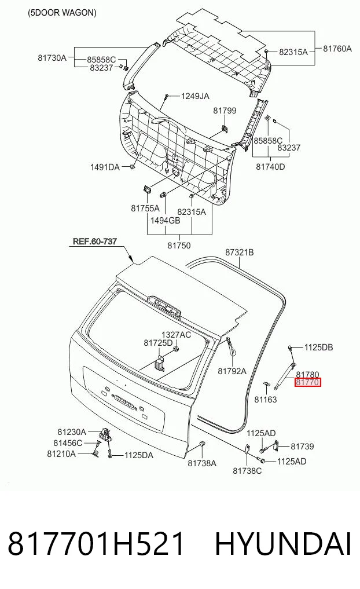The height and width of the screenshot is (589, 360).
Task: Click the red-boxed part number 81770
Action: click(x=308, y=382)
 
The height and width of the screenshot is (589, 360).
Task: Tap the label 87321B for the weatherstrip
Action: click(x=240, y=252)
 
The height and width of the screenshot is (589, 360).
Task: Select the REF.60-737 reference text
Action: click(x=94, y=241)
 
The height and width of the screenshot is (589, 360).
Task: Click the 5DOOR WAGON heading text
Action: click(x=62, y=13)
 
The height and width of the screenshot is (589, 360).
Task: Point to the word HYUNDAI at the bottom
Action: click(x=283, y=544)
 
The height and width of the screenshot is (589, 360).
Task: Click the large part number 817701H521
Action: click(x=97, y=544)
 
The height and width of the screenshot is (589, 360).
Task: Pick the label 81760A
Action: click(x=337, y=49)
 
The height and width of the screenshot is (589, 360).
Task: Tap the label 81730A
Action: click(x=52, y=57)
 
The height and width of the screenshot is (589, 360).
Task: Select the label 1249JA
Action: click(x=195, y=96)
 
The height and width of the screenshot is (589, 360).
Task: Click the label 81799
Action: click(x=225, y=111)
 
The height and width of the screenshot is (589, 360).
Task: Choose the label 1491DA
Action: click(x=105, y=167)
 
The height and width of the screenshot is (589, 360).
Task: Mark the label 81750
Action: click(x=179, y=246)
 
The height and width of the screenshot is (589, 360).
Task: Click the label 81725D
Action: click(x=158, y=343)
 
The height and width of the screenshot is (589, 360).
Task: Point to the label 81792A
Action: click(x=232, y=371)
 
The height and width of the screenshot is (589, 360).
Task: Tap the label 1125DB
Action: click(x=318, y=347)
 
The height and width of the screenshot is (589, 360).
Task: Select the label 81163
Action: click(x=266, y=399)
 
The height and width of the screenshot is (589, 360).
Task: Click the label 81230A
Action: click(x=72, y=432)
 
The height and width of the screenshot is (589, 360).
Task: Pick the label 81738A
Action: click(x=202, y=463)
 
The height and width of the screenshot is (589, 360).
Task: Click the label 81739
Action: click(x=302, y=447)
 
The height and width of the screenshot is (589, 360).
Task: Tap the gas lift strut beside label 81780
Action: click(x=285, y=374)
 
